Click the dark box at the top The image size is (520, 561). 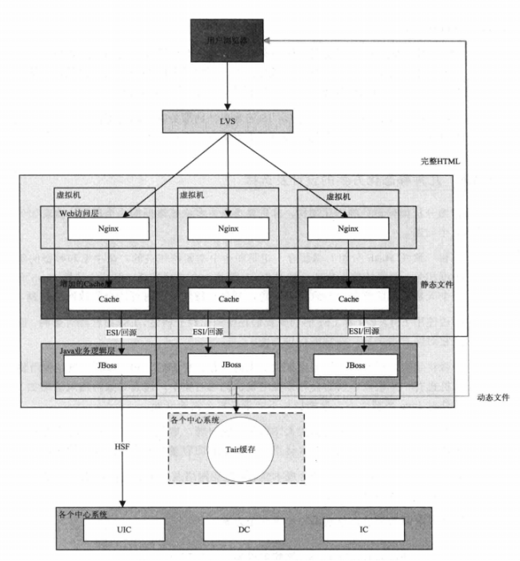coord(227,41)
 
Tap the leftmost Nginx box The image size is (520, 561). coord(109,228)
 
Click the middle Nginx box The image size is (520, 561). coord(228,228)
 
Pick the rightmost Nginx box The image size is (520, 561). coord(349,228)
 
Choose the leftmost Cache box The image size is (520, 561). coord(109,299)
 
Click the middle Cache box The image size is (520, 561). coord(228,299)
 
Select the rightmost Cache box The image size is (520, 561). coord(349,299)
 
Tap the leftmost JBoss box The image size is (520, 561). coord(109,364)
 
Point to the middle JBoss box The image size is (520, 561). coord(228,364)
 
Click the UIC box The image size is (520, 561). coord(123,530)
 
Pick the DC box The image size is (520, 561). coord(243,530)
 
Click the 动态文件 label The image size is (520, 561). coord(493,396)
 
